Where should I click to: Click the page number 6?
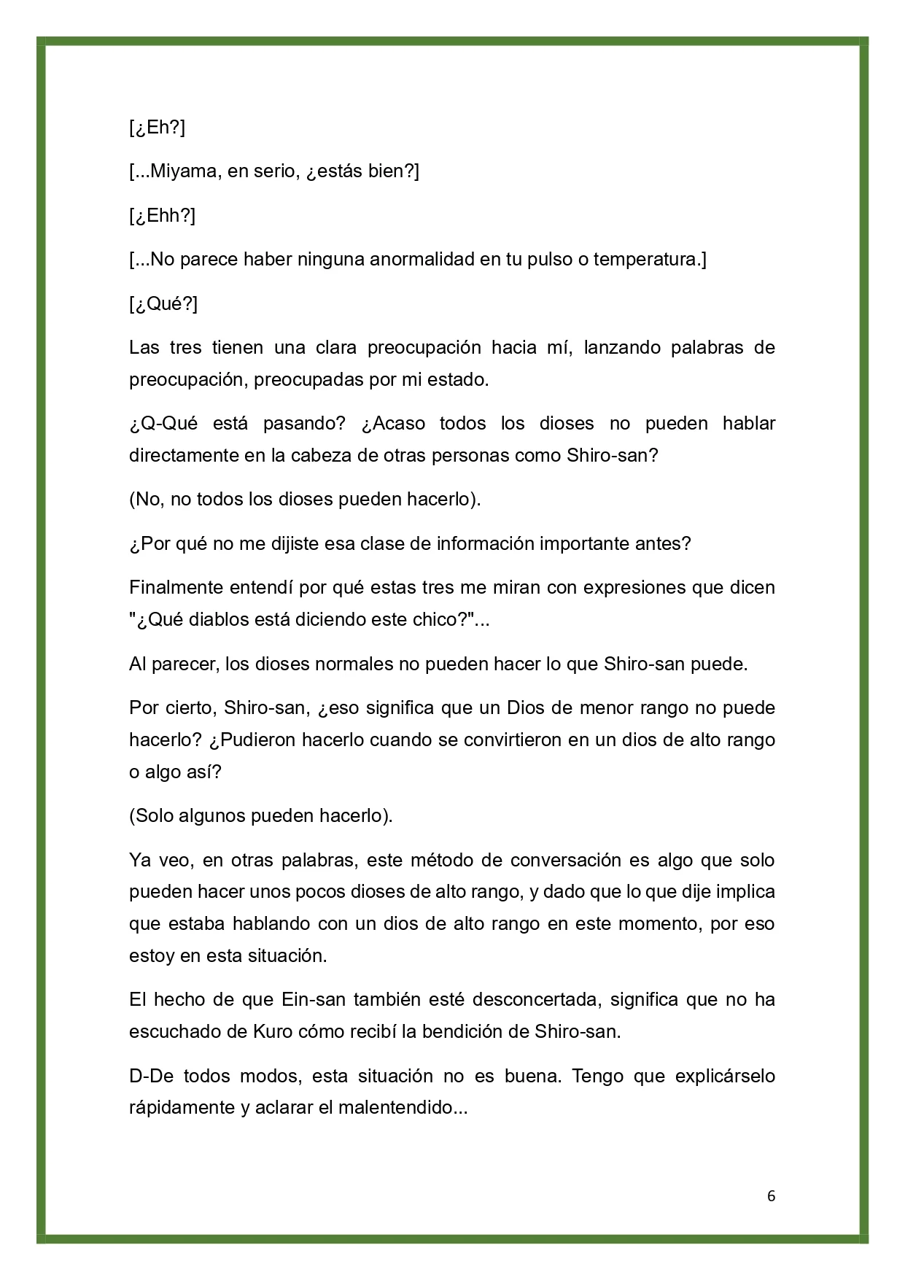(x=772, y=1196)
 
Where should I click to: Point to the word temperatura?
(x=645, y=260)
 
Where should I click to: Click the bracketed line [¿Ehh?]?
(x=162, y=216)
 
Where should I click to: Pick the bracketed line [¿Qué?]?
(x=163, y=303)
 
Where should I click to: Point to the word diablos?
(x=222, y=619)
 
